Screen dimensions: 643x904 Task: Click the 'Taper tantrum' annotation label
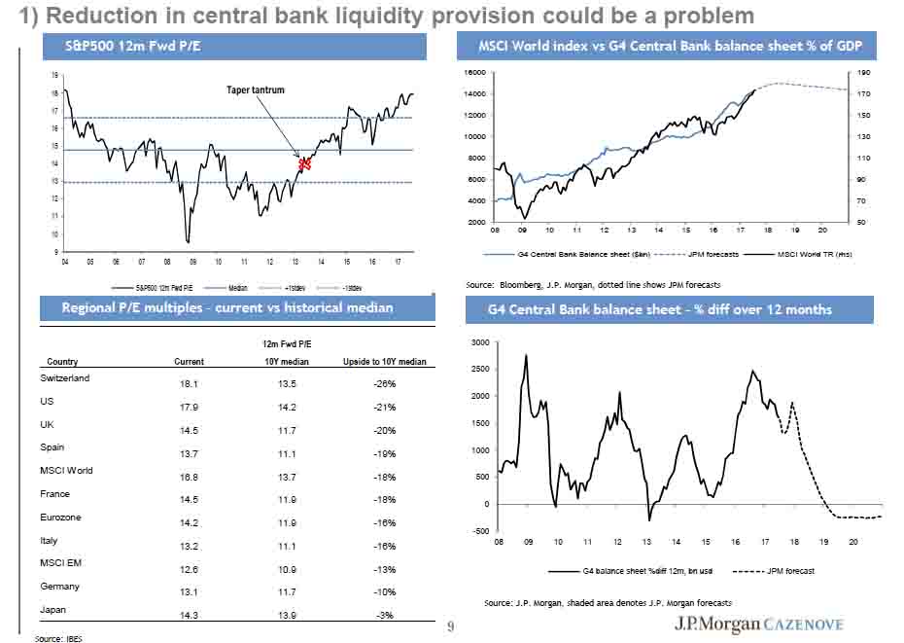click(249, 89)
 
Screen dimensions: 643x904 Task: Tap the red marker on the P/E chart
click(304, 163)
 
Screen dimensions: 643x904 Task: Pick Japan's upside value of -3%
click(384, 616)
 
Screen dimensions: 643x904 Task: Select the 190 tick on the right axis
click(864, 73)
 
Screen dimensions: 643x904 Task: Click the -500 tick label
click(479, 531)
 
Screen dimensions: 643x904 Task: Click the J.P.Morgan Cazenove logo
click(759, 624)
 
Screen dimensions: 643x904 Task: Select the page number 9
click(449, 626)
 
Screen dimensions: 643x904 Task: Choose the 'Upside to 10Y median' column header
click(384, 361)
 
